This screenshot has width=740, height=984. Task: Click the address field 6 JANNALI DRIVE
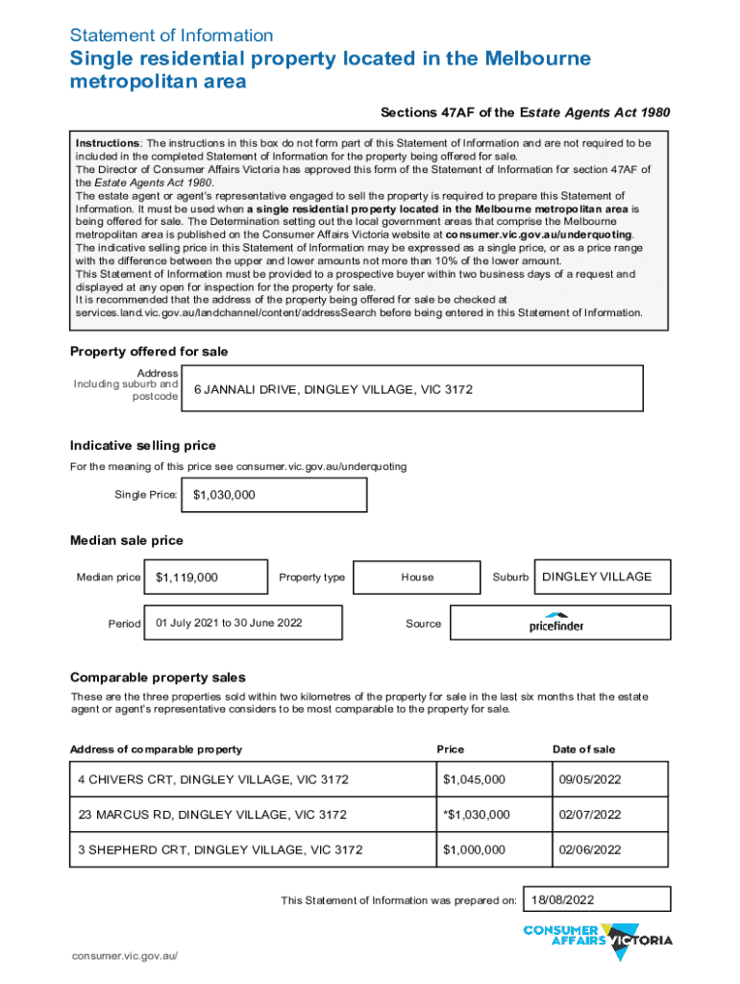pos(411,390)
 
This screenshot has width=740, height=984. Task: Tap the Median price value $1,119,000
pos(206,578)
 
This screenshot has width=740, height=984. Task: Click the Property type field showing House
pos(417,578)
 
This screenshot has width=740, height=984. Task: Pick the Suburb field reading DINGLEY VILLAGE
pos(602,577)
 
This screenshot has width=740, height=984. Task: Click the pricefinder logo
pos(556,624)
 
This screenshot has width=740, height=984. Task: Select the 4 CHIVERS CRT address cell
pos(251,778)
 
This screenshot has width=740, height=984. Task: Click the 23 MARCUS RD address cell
pos(251,814)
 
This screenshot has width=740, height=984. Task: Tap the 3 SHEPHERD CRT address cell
pos(251,849)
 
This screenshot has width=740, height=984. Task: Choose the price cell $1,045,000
pos(490,778)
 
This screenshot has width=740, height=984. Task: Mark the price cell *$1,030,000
pos(490,814)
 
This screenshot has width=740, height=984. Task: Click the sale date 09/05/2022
pos(608,778)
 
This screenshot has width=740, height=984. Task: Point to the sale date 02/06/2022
pos(608,849)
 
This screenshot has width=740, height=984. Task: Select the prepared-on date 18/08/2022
pos(597,899)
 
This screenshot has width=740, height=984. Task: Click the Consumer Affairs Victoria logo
pos(597,940)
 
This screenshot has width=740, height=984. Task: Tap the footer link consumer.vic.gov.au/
pos(124,957)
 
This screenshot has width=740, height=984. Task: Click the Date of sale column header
pos(583,750)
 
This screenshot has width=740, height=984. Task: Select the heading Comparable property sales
pos(158,677)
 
